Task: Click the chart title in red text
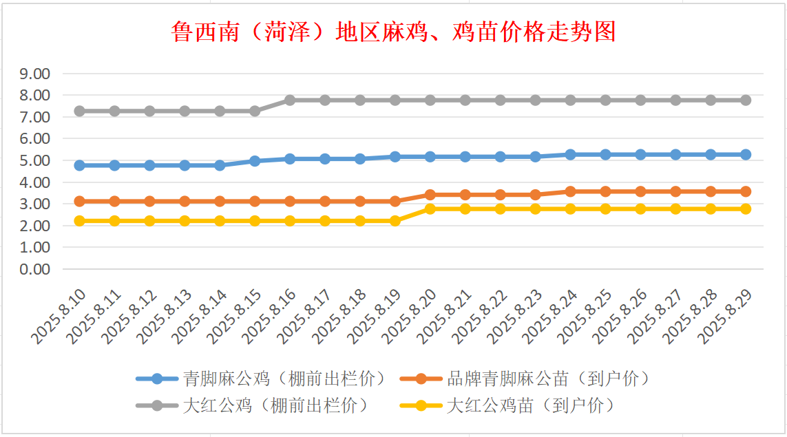(393, 32)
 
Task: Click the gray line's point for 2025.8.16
(290, 100)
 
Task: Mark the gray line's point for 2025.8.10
(80, 111)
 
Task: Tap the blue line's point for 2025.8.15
(255, 160)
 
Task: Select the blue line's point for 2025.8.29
(745, 154)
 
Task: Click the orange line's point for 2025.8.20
(430, 195)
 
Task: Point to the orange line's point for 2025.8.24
(570, 191)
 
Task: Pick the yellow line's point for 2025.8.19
(395, 221)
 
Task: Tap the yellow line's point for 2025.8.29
(745, 209)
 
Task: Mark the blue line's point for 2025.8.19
(395, 157)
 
